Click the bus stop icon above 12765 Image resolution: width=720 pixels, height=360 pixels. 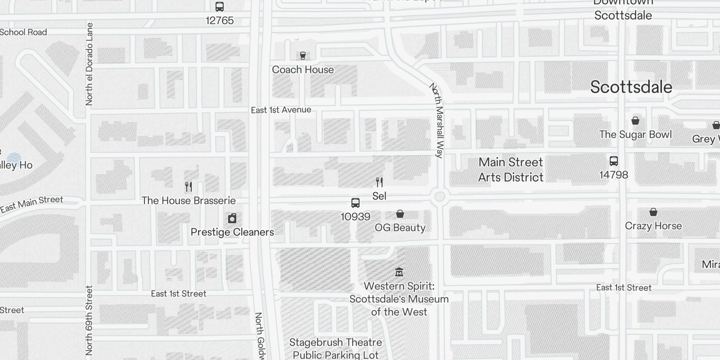click(x=220, y=7)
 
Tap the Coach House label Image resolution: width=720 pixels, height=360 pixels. click(x=303, y=70)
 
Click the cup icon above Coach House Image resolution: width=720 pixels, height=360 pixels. click(x=303, y=56)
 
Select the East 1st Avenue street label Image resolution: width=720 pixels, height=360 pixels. click(x=281, y=110)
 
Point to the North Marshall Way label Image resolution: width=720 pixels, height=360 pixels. click(x=436, y=120)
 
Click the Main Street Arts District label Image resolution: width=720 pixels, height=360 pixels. click(x=511, y=170)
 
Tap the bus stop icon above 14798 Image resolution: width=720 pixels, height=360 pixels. click(x=613, y=161)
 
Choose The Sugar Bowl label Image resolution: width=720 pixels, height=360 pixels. click(x=635, y=135)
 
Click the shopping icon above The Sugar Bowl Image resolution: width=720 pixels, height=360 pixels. click(x=635, y=121)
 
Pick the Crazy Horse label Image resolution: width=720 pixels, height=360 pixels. click(x=653, y=226)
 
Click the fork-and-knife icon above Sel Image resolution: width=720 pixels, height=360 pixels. click(x=379, y=182)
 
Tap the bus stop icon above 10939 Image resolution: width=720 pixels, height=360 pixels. click(x=355, y=203)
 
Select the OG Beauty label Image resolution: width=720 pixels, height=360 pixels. click(x=400, y=228)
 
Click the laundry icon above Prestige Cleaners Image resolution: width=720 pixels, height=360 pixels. click(x=232, y=219)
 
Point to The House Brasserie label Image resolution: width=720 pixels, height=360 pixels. click(x=189, y=201)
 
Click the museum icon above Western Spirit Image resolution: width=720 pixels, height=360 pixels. click(x=399, y=272)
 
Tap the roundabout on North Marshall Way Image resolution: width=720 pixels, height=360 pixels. click(x=440, y=197)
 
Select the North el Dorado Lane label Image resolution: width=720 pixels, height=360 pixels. click(x=89, y=64)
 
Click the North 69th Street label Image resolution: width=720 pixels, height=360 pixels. click(x=89, y=319)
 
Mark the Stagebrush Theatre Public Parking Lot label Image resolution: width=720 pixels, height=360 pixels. click(x=336, y=349)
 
